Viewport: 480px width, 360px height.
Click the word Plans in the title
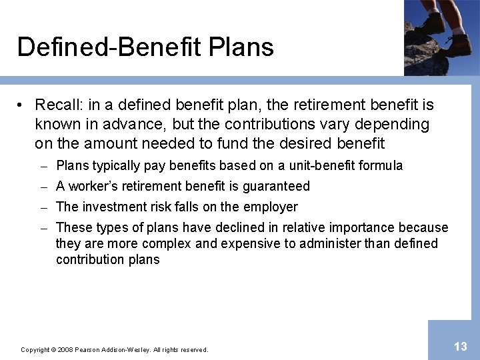click(x=241, y=48)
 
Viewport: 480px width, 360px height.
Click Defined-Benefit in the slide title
click(x=109, y=48)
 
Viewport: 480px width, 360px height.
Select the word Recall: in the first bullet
click(x=59, y=105)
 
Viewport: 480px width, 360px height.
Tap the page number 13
click(x=460, y=346)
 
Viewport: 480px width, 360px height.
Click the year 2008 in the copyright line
click(x=65, y=349)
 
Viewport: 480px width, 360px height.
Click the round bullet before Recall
click(x=22, y=105)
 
